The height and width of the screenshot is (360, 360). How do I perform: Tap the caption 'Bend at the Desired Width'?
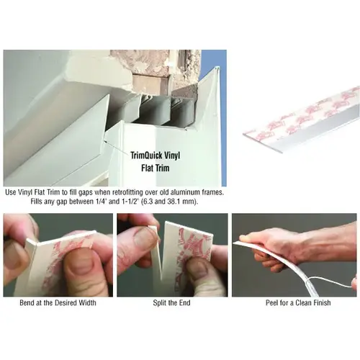click(x=58, y=302)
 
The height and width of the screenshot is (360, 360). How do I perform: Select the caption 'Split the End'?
click(x=171, y=302)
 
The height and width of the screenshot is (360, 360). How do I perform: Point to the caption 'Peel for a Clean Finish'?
click(x=298, y=302)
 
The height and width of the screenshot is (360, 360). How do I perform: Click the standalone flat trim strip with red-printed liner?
click(x=301, y=120)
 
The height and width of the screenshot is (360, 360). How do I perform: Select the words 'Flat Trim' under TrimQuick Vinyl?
click(x=156, y=168)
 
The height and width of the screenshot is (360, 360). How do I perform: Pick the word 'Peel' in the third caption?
click(x=272, y=302)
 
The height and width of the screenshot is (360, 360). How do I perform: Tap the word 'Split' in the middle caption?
click(x=159, y=302)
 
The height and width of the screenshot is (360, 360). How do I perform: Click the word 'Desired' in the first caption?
click(x=66, y=302)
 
